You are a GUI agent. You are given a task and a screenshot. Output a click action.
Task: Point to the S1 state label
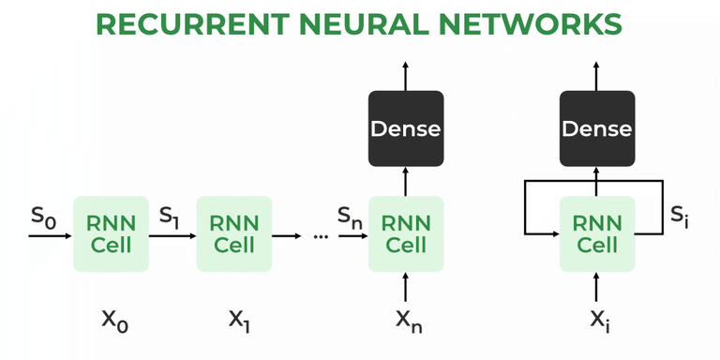coord(171,217)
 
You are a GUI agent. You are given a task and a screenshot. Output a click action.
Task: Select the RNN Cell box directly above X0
coord(111,233)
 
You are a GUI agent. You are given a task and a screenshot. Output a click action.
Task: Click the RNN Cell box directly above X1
coord(233,233)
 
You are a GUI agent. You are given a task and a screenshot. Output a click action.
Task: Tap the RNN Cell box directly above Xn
coord(406,233)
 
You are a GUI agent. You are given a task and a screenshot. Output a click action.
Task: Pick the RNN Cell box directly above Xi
coord(597,233)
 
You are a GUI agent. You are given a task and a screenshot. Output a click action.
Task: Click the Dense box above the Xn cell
coord(406,127)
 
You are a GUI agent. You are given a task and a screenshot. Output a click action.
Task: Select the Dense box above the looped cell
coord(597,127)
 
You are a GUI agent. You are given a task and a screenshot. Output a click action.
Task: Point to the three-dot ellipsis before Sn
coord(321,236)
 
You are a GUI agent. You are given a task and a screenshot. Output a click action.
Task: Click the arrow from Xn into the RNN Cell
coord(406,286)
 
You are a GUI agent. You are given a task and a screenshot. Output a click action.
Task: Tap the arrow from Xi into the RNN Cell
coord(597,286)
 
